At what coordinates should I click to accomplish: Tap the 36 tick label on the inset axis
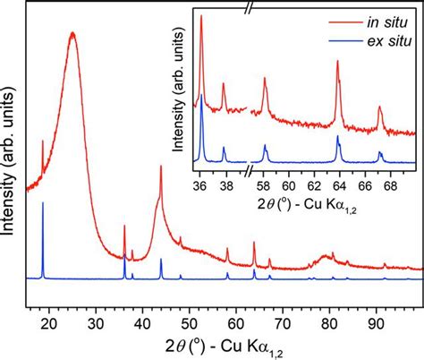pyautogui.click(x=201, y=179)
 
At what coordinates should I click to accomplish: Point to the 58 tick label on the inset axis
pyautogui.click(x=265, y=179)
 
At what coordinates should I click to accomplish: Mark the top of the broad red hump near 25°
pyautogui.click(x=72, y=33)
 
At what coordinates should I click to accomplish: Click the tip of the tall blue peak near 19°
pyautogui.click(x=43, y=203)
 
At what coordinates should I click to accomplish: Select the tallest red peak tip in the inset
pyautogui.click(x=201, y=15)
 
